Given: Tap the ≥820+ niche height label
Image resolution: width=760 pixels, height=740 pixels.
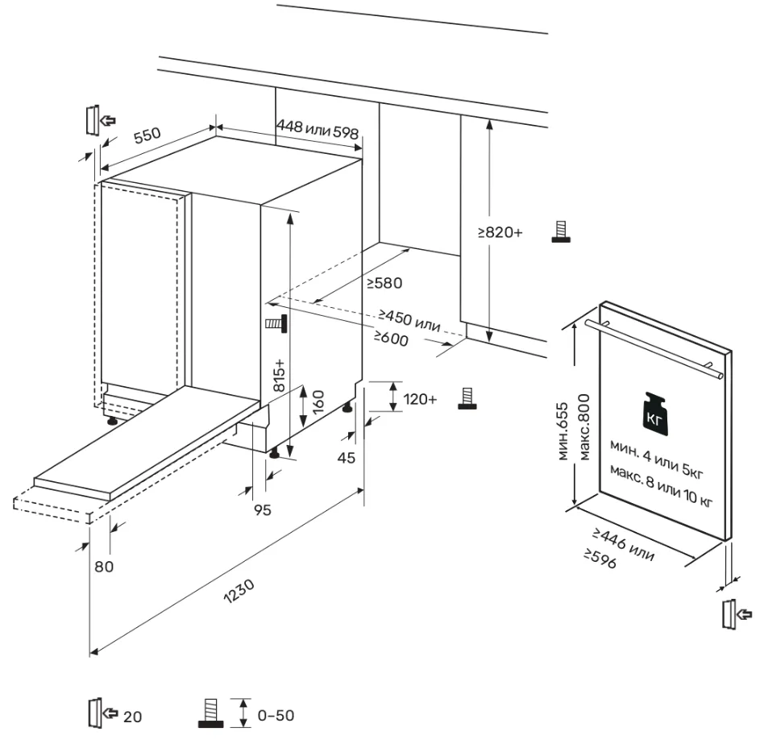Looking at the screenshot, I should pos(500,232).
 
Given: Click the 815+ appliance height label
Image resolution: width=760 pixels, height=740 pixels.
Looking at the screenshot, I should pos(280,375).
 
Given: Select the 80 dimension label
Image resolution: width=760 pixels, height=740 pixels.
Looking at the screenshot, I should pos(104,566).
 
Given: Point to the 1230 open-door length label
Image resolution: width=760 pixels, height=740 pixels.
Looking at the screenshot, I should pos(240,596).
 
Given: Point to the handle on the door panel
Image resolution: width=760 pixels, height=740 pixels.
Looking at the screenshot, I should pos(653,347).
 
